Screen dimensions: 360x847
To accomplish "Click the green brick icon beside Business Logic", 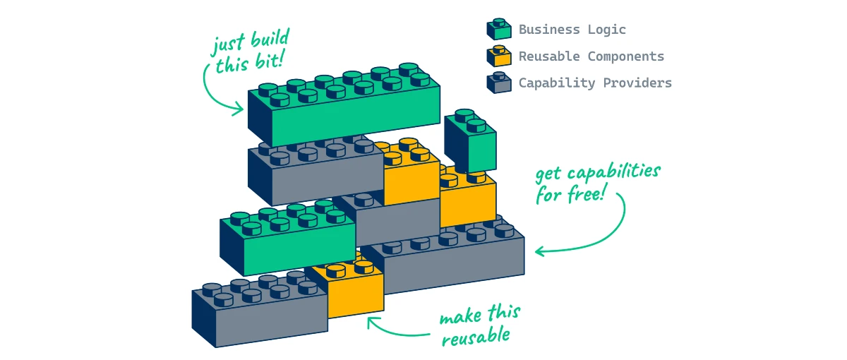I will click(498, 29).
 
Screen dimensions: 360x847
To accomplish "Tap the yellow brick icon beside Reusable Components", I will click(498, 56).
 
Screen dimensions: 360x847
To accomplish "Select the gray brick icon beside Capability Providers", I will click(498, 83).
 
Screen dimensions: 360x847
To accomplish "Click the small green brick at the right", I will click(469, 145).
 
